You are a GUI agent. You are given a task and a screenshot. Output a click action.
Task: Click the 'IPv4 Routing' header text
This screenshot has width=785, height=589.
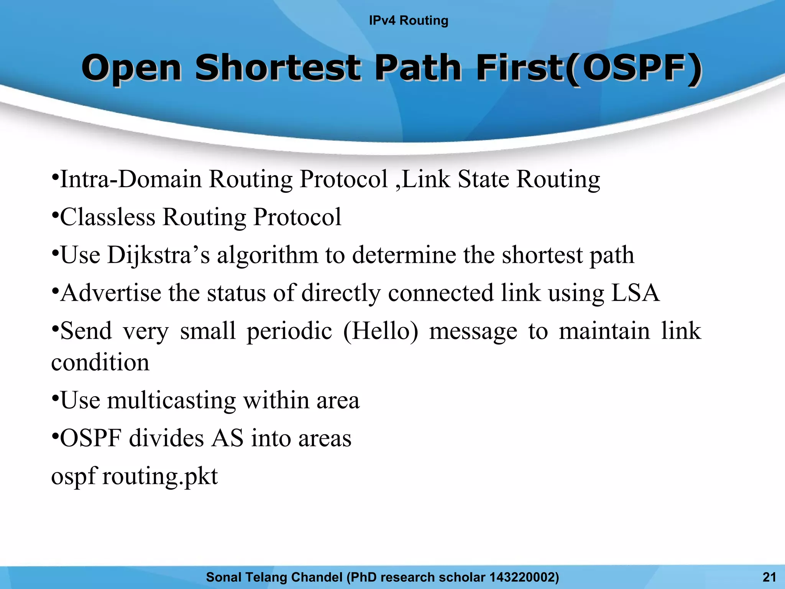pos(408,20)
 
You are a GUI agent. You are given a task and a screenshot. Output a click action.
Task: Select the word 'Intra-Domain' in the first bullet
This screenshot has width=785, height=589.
pos(131,179)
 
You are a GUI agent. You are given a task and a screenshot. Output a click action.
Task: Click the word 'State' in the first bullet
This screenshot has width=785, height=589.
pos(483,179)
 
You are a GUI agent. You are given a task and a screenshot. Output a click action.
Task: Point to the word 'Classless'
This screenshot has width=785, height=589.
pos(108,217)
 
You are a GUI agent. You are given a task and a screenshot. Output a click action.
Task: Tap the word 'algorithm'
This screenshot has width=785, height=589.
pos(268,255)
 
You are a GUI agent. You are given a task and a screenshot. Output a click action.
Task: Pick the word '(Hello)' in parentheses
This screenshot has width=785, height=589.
pos(380,331)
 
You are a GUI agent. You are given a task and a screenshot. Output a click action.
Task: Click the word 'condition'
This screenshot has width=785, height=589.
pos(100,362)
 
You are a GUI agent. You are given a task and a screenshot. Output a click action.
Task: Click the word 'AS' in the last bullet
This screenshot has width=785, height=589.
pos(227,438)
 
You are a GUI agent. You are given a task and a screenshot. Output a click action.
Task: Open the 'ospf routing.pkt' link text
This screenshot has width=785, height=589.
pos(135,477)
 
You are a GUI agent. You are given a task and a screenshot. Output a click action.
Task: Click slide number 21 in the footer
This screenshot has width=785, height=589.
pos(769,577)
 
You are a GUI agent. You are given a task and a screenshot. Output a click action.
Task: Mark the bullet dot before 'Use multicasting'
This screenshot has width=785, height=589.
pos(55,397)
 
